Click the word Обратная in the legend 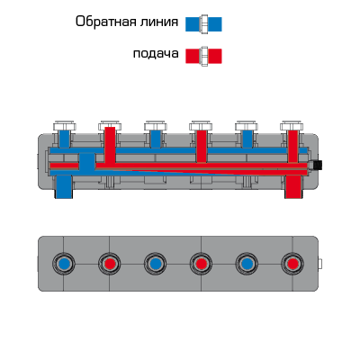pos(103,22)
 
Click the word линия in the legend pos(156,22)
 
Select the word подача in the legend pos(156,54)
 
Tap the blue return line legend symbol pos(203,24)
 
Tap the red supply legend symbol pos(203,56)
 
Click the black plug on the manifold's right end pos(317,165)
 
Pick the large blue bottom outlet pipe pos(63,186)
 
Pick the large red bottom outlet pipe pos(292,186)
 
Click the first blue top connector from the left pos(64,139)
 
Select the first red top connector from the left pos(110,145)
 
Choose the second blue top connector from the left pos(156,139)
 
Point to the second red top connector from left pos(201,147)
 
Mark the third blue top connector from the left pos(247,139)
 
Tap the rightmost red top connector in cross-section pos(292,147)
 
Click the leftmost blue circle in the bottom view pos(64,264)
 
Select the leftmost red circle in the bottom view pos(110,264)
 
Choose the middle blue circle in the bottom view pos(155,264)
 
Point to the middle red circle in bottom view pos(201,264)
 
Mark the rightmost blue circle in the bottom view pos(247,264)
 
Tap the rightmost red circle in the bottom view pos(292,264)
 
